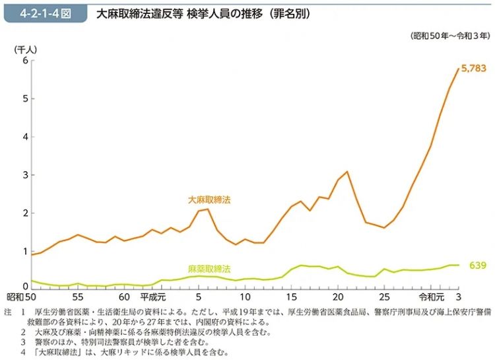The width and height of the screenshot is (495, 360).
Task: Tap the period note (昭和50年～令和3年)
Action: coord(449,35)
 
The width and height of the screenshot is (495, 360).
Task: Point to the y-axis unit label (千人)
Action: coord(26,49)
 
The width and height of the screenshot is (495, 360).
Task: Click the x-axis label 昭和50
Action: coord(21,297)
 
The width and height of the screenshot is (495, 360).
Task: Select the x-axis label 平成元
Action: coord(152,297)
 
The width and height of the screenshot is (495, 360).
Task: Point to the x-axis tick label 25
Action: coord(384,297)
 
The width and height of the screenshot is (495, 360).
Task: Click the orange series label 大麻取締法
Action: coord(209,199)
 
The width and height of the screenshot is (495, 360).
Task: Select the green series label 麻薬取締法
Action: coord(209,269)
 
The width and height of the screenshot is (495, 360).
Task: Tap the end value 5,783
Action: coord(473,68)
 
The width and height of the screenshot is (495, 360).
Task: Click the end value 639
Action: coord(477,266)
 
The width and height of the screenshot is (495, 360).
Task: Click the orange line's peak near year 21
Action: coord(347,172)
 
